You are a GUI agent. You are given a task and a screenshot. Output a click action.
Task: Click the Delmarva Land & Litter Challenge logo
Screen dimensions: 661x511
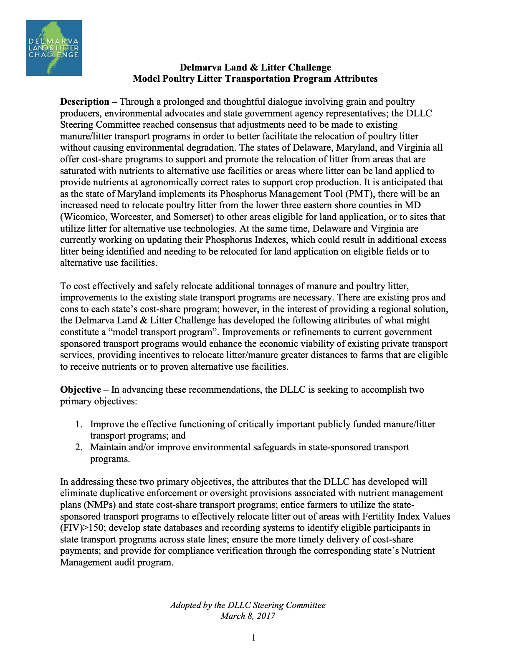pos(53,48)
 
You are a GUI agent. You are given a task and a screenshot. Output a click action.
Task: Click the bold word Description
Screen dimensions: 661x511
pos(85,102)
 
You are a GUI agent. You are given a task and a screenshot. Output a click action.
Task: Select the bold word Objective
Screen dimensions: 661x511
pos(81,390)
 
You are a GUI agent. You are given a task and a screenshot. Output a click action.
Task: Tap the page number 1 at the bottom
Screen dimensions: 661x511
pos(253,637)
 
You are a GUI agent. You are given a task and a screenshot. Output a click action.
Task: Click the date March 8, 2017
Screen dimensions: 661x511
pos(248,616)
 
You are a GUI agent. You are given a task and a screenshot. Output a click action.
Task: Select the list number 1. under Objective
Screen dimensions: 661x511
pos(79,424)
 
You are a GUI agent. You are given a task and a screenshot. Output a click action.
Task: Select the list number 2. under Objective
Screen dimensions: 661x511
pos(79,447)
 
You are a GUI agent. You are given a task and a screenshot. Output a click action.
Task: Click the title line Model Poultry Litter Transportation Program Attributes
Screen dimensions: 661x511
pos(255,79)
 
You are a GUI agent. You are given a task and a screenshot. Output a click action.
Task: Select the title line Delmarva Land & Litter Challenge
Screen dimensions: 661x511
pos(255,68)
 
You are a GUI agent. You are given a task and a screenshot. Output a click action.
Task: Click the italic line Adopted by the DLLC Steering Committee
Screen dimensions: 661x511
pos(248,605)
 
